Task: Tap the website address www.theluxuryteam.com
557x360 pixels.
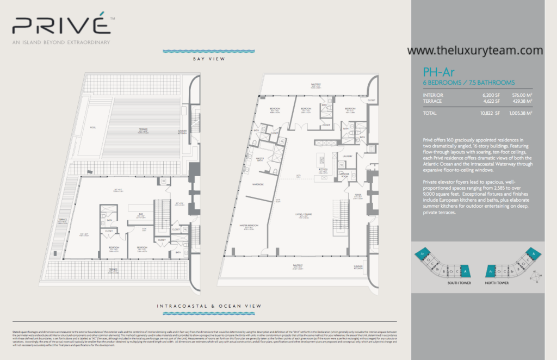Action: (x=475, y=51)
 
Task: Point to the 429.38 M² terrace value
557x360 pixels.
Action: (x=519, y=101)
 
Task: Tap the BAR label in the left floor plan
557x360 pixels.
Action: (x=140, y=214)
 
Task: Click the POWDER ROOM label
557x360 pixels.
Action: (x=344, y=176)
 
